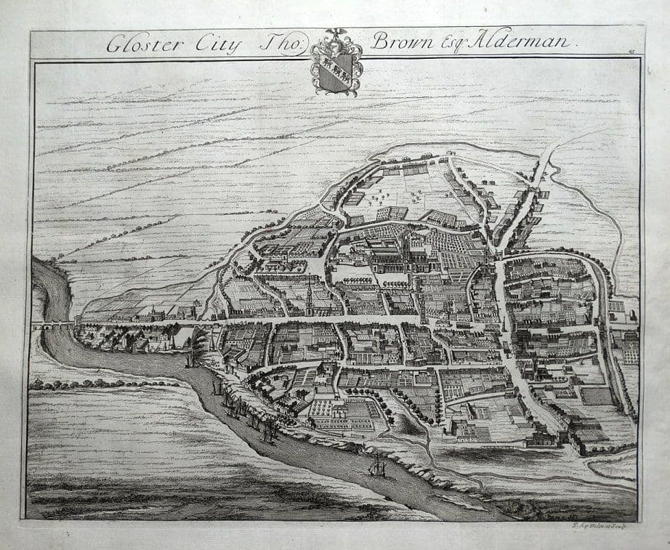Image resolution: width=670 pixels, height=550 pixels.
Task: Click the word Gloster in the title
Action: coord(142,44)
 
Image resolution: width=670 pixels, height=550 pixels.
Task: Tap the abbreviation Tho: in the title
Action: coord(276,44)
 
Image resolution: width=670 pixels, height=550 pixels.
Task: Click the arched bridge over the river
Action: coord(54,326)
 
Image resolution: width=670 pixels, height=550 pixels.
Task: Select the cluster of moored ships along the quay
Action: coord(243,411)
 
